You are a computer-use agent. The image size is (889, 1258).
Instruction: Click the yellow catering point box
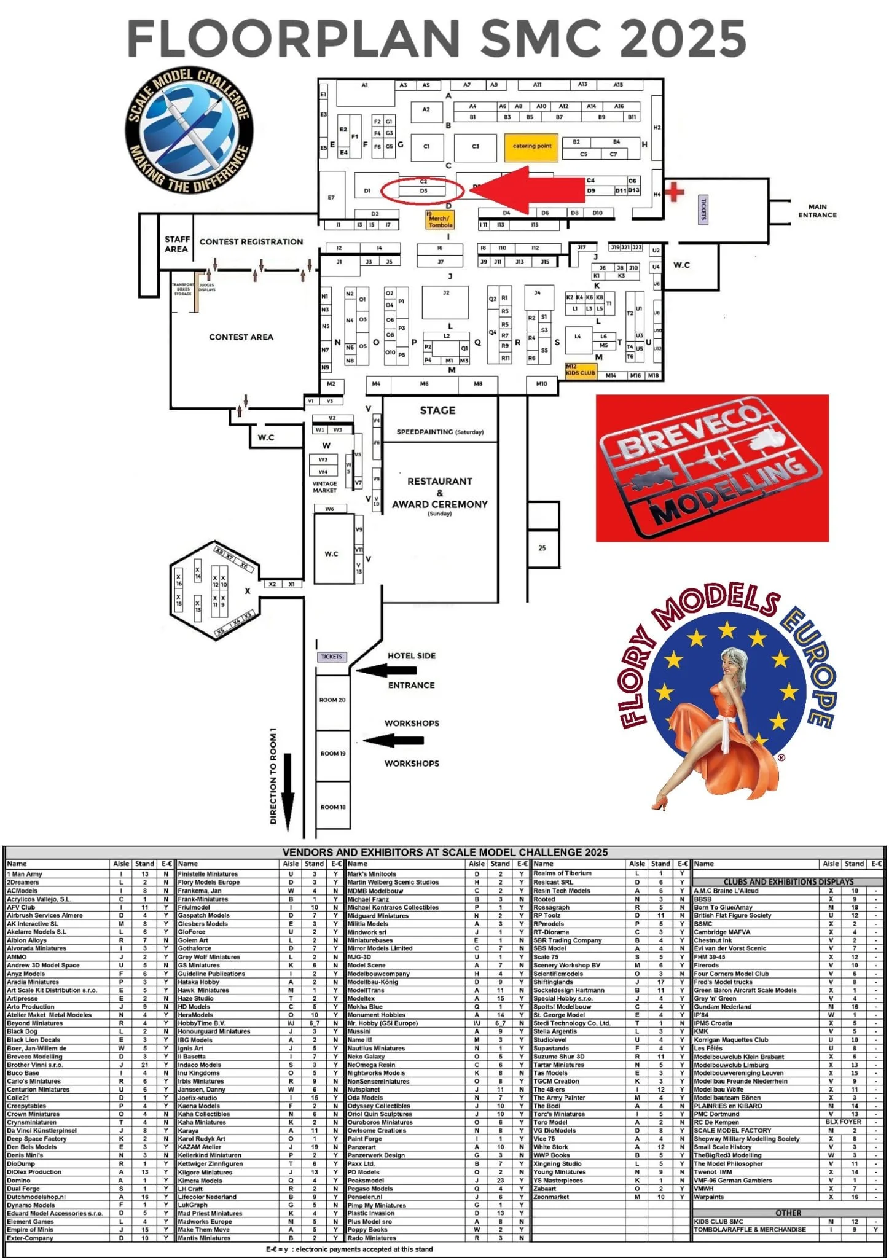[531, 146]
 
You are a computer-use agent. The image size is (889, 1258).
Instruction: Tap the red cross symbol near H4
[674, 192]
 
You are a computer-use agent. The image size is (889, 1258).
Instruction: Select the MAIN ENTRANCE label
[817, 211]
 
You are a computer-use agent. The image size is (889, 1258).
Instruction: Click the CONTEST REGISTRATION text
[251, 242]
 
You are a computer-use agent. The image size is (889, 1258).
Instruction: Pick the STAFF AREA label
[177, 244]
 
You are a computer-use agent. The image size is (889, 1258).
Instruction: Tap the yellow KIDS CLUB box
[581, 370]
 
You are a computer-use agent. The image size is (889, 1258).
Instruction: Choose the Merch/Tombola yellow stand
[440, 221]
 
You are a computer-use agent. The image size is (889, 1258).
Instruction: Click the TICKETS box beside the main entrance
[703, 209]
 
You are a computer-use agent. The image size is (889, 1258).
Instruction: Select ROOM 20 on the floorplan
[332, 700]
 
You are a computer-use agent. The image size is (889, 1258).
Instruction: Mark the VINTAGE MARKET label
[324, 487]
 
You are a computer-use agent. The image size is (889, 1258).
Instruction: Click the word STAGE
[437, 410]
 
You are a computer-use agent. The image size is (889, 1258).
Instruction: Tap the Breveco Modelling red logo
[712, 468]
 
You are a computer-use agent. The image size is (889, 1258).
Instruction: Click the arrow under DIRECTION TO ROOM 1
[288, 795]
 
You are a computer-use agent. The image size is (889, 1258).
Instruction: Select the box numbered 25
[542, 548]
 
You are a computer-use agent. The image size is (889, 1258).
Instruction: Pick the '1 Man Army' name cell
[25, 873]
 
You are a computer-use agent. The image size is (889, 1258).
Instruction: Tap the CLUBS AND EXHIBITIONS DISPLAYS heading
[788, 881]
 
